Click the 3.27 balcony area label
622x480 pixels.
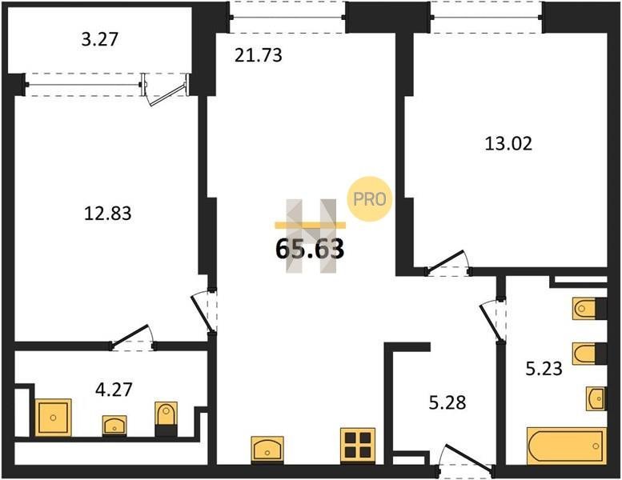(x=100, y=40)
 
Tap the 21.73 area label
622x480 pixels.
(x=259, y=55)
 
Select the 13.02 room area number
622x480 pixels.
(x=508, y=143)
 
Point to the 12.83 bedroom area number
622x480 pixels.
(x=107, y=214)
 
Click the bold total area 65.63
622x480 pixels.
(x=310, y=249)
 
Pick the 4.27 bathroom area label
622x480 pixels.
(x=114, y=390)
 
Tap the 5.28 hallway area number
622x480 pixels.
(x=447, y=402)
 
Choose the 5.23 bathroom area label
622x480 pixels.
(x=544, y=369)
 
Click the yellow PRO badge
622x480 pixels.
(x=369, y=198)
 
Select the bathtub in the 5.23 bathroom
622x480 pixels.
(x=567, y=446)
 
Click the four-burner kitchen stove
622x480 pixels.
(x=357, y=445)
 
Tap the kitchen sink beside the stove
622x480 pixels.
(x=267, y=449)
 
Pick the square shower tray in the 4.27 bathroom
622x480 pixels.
(x=53, y=418)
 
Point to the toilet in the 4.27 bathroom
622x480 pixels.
(x=167, y=418)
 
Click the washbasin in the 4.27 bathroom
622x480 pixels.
(x=114, y=426)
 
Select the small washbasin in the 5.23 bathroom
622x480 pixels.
(x=596, y=398)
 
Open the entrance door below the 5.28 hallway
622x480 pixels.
(x=469, y=457)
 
